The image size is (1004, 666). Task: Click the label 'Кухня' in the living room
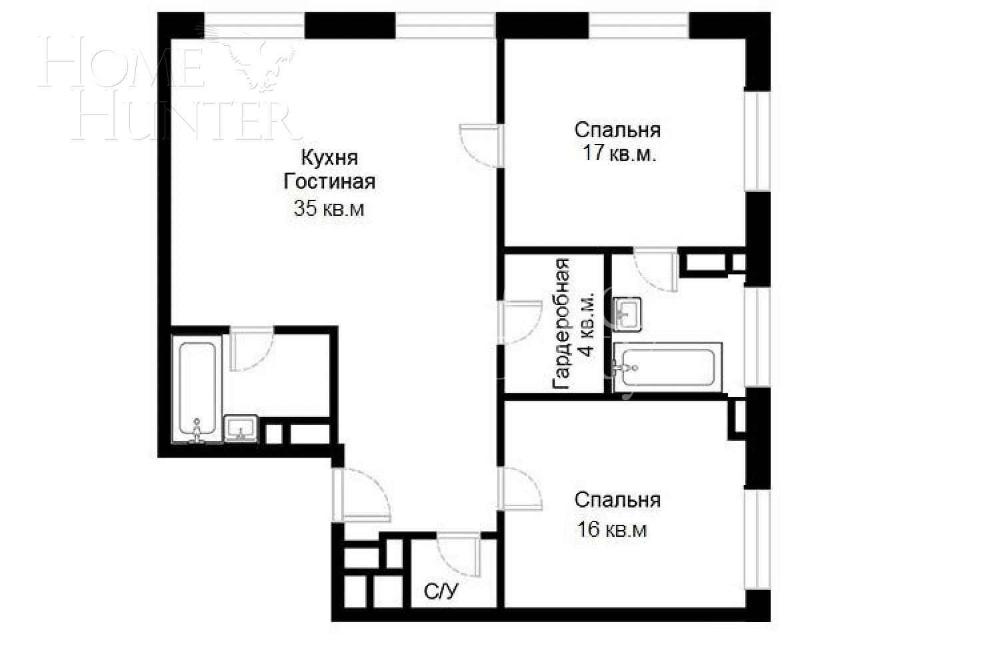pos(329,159)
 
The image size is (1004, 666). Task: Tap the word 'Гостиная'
pos(329,182)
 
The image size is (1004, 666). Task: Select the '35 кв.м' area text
pos(329,208)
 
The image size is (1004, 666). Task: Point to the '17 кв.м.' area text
pos(619,154)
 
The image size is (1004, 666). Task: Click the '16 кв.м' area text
pos(612,530)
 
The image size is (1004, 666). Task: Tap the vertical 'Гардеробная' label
pos(561,324)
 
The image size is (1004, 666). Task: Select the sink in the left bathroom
pos(241,428)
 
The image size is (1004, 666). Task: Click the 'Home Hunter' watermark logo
pos(167,87)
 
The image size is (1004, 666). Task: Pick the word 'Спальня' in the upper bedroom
pos(617,129)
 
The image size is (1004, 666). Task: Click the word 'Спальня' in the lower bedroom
pos(617,499)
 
